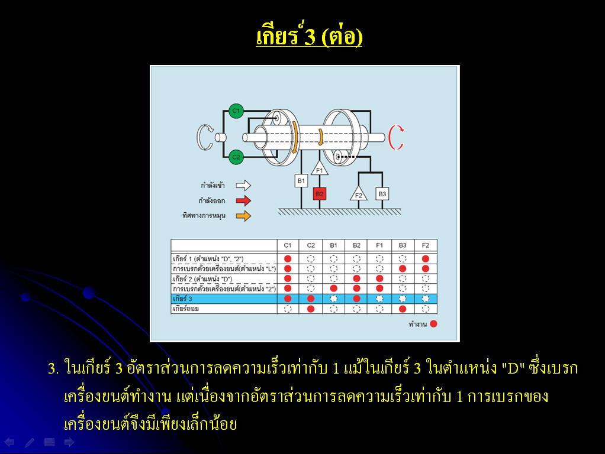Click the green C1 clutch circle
point(236,111)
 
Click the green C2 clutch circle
point(236,157)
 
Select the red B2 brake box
point(320,194)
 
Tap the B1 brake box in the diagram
point(301,181)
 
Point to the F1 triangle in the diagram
point(320,169)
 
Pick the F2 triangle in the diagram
point(359,194)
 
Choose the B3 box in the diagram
point(382,194)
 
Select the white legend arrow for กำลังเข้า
point(243,186)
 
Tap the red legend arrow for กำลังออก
point(243,201)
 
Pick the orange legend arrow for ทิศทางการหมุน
point(243,216)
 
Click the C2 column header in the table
point(311,245)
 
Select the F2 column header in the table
point(425,245)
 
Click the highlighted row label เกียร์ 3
point(182,299)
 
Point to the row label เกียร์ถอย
point(186,309)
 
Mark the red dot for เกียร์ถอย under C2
point(311,309)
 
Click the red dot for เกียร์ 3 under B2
point(356,299)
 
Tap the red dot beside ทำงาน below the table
point(434,324)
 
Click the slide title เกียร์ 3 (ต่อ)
point(309,36)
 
